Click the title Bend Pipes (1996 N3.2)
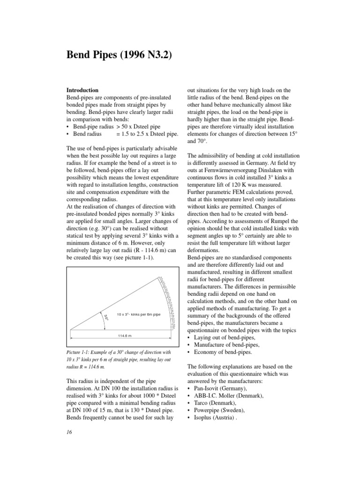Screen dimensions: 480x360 (120, 55)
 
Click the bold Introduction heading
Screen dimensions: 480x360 (83, 90)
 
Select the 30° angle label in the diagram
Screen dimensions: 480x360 (106, 317)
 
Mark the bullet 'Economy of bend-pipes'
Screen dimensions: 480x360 (222, 352)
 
